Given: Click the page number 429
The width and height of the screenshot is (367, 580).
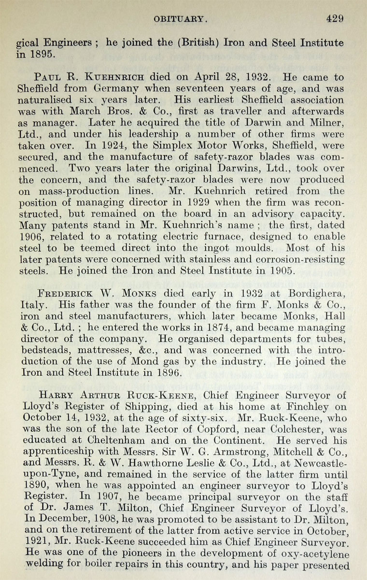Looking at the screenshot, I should coord(334,19).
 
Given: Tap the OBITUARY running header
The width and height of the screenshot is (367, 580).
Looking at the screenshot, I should coord(181,19).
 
